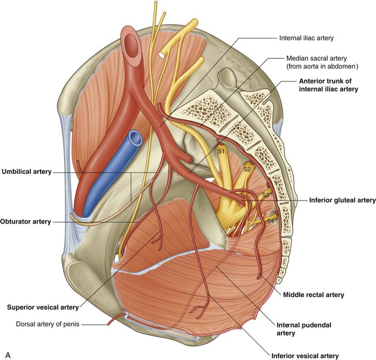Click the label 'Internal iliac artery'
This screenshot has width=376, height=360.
306,38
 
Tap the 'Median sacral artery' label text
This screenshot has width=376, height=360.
316,58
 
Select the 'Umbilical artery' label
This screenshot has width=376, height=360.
27,172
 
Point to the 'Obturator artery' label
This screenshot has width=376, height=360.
25,221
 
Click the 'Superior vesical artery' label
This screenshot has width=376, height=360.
43,307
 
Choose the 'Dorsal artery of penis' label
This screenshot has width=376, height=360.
47,324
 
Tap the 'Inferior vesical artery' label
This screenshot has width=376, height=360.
305,356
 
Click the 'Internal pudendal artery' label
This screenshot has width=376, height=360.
304,329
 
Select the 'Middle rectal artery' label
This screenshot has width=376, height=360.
314,295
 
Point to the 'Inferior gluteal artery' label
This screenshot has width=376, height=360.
342,200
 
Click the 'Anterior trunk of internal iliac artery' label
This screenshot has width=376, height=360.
329,85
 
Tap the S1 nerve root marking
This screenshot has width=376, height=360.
221,151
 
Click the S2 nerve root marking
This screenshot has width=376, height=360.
247,169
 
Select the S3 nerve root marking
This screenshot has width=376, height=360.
266,195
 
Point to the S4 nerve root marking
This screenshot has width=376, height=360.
270,221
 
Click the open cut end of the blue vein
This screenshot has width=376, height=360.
134,138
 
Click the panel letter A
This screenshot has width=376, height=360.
8,355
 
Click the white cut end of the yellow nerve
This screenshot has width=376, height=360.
162,55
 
